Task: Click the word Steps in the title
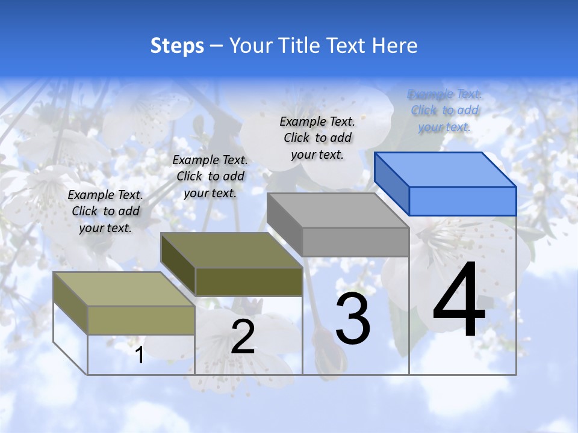tap(177, 46)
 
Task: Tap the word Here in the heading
tap(394, 46)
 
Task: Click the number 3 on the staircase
tap(353, 319)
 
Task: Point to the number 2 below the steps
tap(243, 337)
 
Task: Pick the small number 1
tap(140, 355)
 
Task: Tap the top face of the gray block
tap(338, 210)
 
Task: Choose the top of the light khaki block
tap(124, 289)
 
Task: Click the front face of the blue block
tap(462, 201)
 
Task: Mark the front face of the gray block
tap(355, 242)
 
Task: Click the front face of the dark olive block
tap(249, 281)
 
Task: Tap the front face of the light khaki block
tap(141, 320)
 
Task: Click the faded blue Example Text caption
tap(445, 111)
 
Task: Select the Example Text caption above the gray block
tap(317, 138)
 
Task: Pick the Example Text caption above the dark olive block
tap(210, 176)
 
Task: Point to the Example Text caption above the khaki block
tap(105, 211)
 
